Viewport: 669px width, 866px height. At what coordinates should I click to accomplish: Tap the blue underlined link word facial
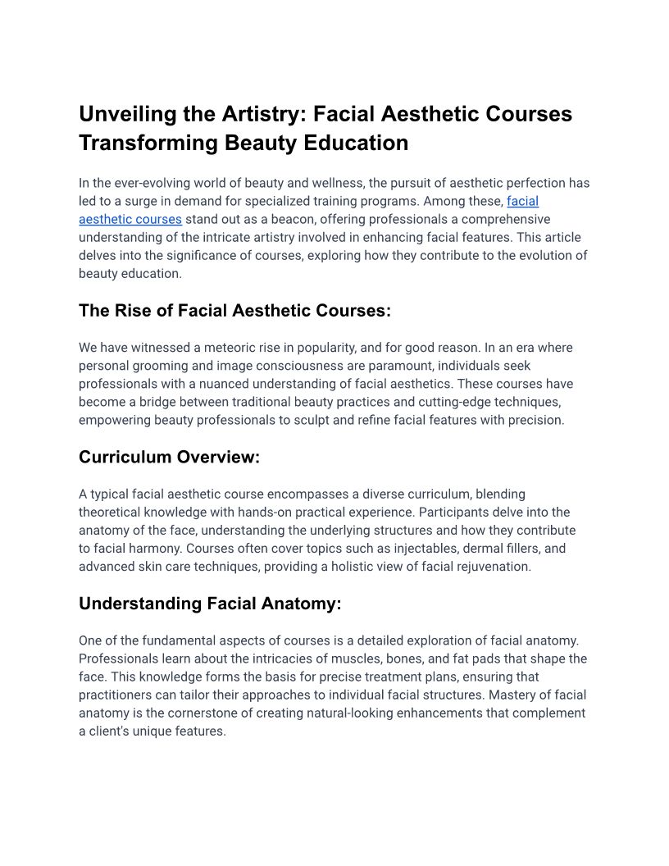tap(523, 201)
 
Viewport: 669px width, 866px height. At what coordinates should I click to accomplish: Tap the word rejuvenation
tap(493, 566)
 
